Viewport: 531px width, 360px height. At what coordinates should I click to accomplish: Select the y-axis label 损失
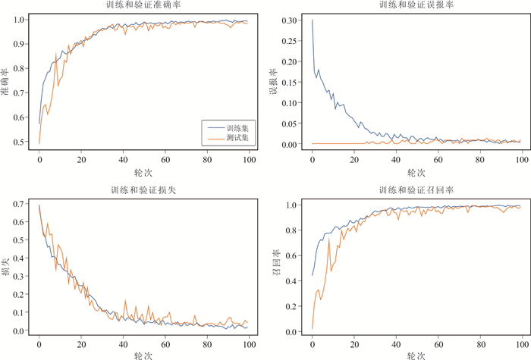click(6, 268)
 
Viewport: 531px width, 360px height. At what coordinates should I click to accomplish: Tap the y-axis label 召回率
click(275, 268)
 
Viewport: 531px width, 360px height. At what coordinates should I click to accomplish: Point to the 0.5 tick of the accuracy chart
click(20, 142)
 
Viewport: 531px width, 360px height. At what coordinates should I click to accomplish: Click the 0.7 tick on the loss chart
click(20, 204)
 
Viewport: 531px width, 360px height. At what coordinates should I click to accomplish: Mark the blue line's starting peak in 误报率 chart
click(312, 20)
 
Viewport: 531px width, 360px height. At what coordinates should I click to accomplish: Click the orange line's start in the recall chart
click(312, 328)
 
